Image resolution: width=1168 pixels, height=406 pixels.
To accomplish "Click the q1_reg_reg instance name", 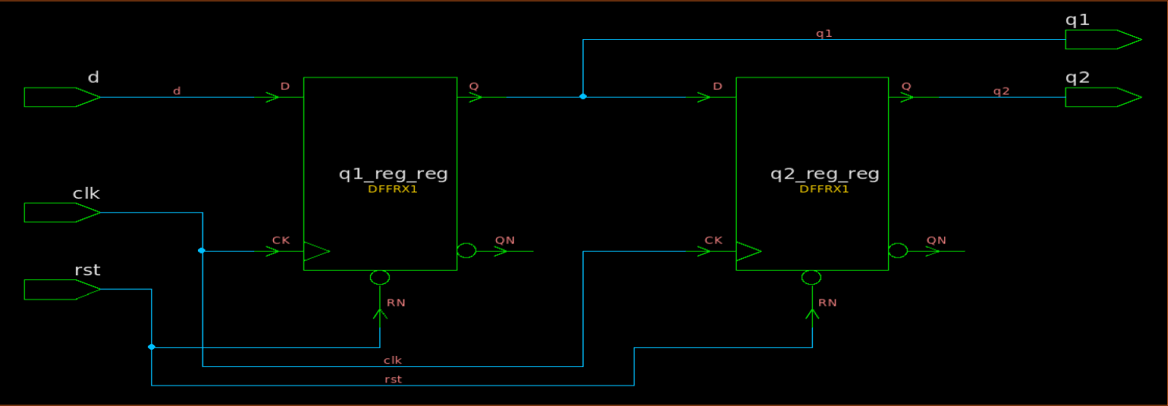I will [393, 174].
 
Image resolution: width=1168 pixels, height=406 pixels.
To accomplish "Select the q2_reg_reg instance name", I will [825, 174].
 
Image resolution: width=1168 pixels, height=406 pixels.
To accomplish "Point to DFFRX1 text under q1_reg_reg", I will [393, 189].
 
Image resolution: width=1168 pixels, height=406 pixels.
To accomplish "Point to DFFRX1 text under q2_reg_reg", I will [825, 189].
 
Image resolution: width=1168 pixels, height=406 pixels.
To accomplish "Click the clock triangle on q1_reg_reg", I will [315, 251].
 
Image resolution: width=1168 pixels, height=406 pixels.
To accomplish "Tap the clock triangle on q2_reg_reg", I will [747, 251].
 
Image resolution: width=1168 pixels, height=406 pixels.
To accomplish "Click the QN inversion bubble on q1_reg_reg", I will [466, 250].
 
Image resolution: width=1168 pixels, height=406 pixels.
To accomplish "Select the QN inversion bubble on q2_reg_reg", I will [898, 250].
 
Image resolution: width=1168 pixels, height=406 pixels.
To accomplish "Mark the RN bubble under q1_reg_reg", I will [379, 278].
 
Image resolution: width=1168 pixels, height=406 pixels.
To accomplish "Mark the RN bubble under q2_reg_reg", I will [811, 278].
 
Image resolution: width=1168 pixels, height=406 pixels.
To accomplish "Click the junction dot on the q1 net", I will [583, 96].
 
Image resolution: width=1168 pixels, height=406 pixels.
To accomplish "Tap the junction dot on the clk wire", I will [202, 250].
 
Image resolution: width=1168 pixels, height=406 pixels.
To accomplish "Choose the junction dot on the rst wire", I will [152, 347].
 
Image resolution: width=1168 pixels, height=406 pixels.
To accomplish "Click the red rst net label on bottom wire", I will [393, 379].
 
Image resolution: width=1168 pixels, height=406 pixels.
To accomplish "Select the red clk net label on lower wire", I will [393, 360].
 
